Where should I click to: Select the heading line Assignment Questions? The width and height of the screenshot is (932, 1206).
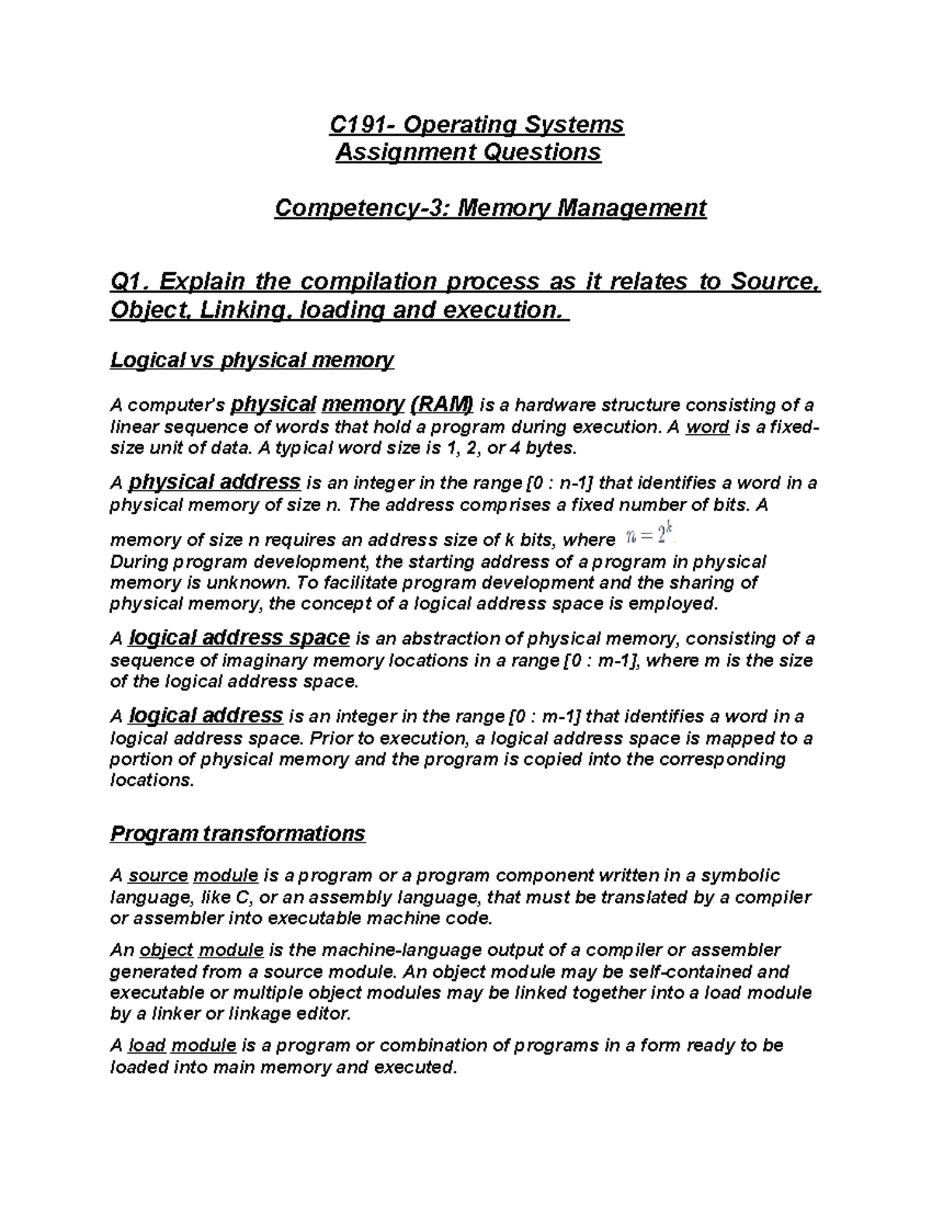coord(468,151)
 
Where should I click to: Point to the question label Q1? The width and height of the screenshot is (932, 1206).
coord(130,281)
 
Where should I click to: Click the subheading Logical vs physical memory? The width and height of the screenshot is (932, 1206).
coord(252,360)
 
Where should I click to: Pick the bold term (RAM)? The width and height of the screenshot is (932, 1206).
coord(441,404)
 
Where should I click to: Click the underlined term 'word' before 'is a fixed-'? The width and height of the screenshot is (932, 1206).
coord(708,427)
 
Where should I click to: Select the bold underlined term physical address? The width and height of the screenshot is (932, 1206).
coord(214,482)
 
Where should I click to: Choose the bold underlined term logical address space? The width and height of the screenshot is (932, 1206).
coord(239,638)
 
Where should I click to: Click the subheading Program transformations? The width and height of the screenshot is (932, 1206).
coord(237,834)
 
